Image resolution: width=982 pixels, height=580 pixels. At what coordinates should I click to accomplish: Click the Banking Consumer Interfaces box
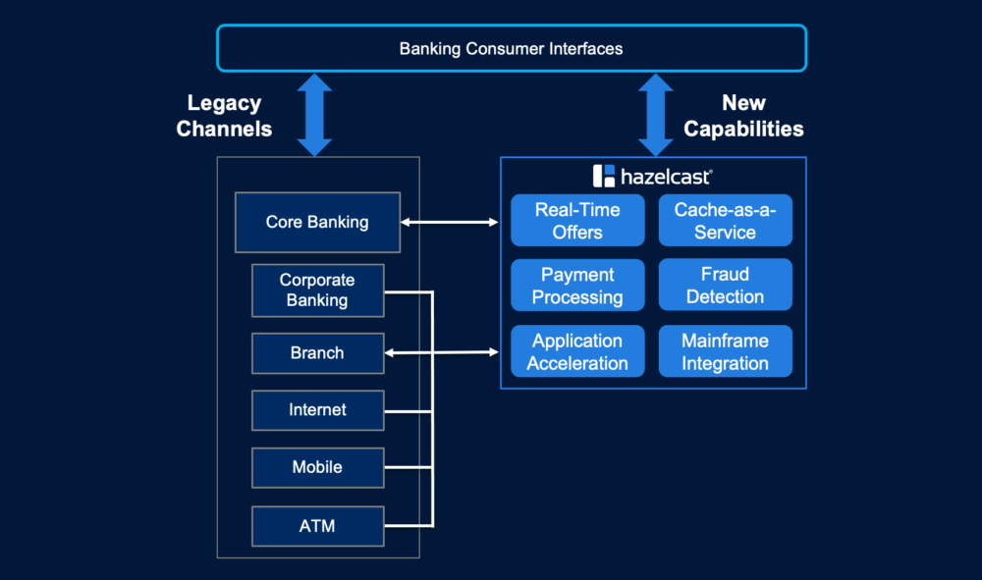(511, 48)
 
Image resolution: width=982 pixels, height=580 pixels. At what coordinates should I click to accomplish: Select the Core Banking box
(317, 222)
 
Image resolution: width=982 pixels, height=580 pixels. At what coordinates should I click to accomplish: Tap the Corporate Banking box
(317, 290)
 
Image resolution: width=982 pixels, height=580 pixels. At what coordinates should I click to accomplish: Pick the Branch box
(317, 353)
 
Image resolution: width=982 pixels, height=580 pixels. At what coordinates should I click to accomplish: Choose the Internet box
(317, 410)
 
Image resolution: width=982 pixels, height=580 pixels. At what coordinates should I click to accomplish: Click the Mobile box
(317, 467)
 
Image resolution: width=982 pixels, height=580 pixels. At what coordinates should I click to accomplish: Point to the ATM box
(317, 526)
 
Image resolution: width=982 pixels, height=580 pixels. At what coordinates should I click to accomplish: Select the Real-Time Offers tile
(577, 221)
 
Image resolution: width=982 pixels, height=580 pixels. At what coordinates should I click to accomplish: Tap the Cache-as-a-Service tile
(725, 221)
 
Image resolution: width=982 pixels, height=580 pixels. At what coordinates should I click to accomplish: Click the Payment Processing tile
(577, 286)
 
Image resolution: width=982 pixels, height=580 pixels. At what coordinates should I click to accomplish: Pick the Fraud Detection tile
(725, 286)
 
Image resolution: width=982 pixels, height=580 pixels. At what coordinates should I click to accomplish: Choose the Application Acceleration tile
(577, 351)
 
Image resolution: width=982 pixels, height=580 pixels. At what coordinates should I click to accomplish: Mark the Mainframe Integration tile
(725, 351)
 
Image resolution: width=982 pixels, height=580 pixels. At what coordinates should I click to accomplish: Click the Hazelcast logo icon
(603, 177)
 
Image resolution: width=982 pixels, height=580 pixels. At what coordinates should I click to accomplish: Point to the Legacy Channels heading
(224, 116)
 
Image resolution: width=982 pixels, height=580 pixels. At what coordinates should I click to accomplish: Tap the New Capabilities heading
(743, 116)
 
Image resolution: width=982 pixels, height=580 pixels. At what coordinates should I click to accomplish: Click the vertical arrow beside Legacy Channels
(314, 115)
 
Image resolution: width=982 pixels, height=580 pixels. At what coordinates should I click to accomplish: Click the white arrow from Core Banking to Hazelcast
(450, 223)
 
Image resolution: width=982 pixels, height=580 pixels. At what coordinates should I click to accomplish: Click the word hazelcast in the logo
(666, 178)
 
